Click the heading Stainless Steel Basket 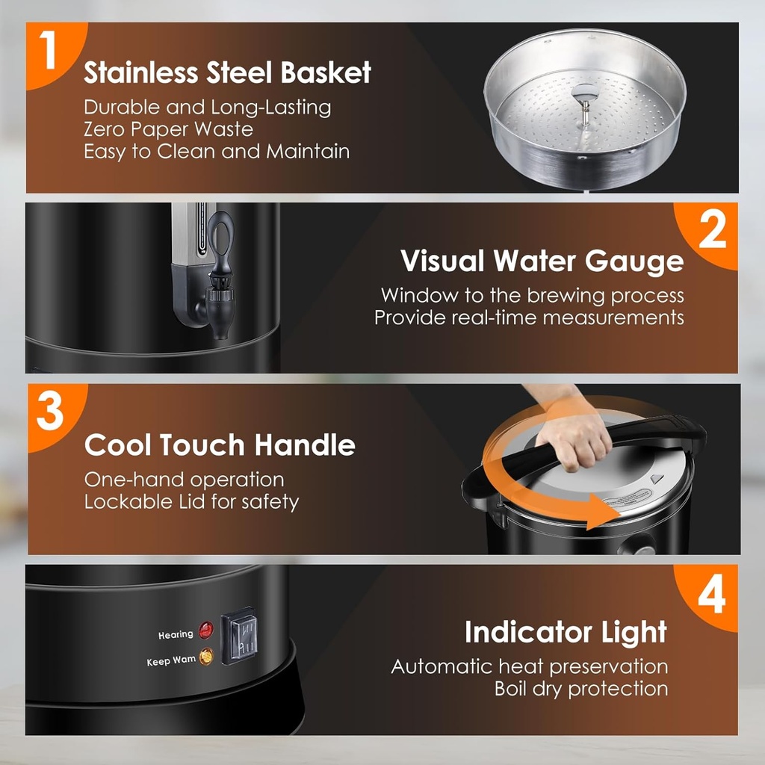click(x=227, y=73)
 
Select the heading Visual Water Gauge click(x=542, y=261)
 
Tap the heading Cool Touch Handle click(x=220, y=445)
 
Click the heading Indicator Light click(x=566, y=632)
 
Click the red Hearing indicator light click(x=205, y=630)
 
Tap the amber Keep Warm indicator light click(x=206, y=657)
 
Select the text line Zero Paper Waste click(x=168, y=129)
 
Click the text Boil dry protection click(x=580, y=688)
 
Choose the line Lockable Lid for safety click(x=191, y=502)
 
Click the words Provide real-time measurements click(x=529, y=318)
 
